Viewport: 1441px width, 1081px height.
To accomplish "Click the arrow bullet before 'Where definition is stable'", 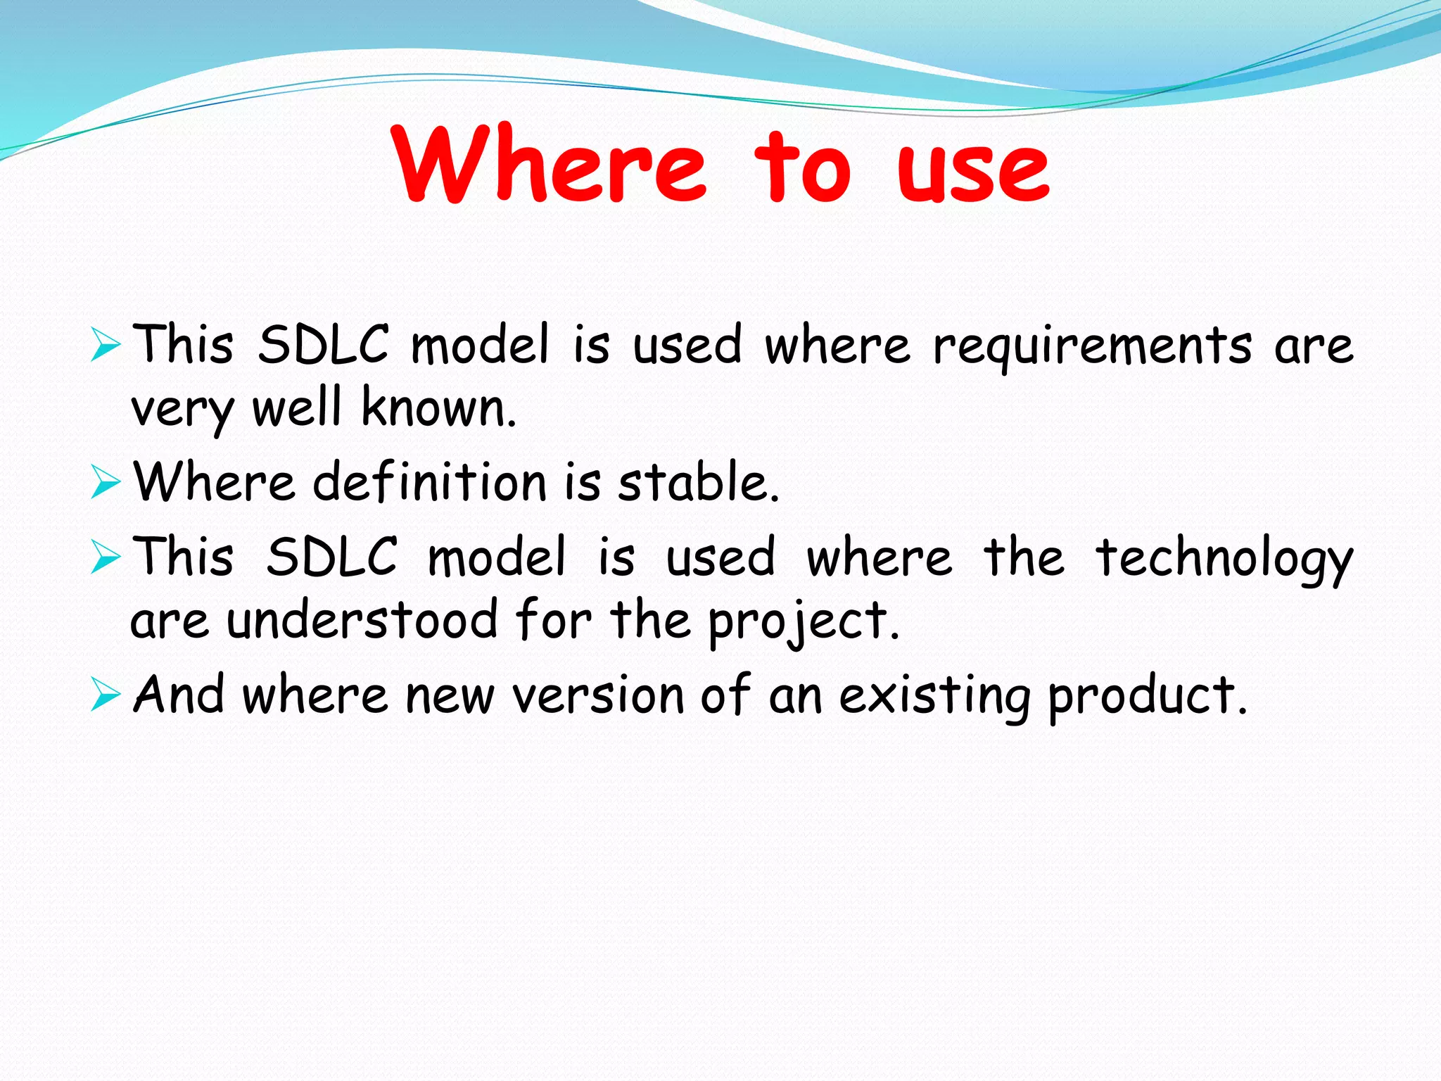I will [x=106, y=483].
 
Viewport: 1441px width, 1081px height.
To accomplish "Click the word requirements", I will [x=1093, y=346].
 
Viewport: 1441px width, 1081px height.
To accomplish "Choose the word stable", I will [x=698, y=483].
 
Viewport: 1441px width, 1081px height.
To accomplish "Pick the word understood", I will [x=362, y=621].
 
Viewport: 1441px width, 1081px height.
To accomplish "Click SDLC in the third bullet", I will [x=331, y=557].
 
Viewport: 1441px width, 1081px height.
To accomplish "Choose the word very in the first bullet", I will [x=182, y=410].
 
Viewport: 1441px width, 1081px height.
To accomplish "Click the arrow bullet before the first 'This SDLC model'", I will [x=106, y=346].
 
